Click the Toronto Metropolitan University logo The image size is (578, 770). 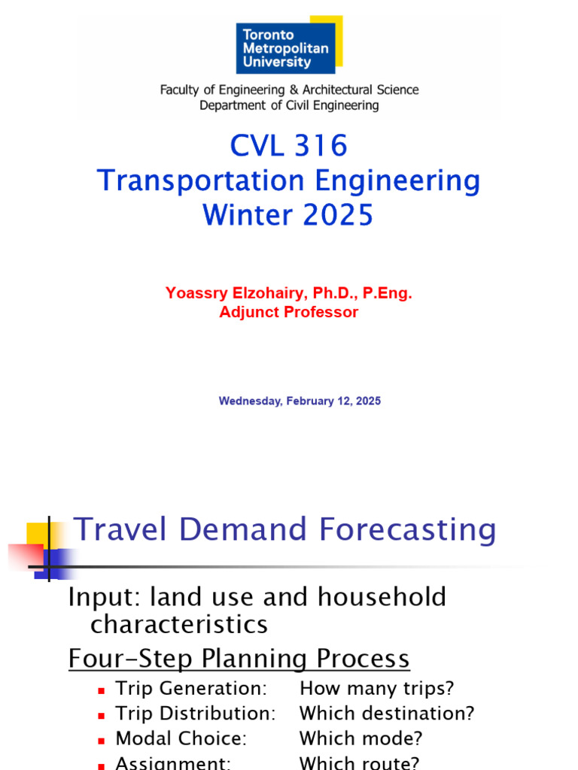[x=289, y=44]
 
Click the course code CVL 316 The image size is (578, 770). [x=289, y=146]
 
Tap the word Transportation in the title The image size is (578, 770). [x=201, y=180]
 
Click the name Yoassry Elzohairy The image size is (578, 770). [x=236, y=293]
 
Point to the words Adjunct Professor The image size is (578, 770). [x=289, y=312]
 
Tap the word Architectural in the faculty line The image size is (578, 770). [x=337, y=90]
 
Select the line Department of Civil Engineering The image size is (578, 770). [x=289, y=105]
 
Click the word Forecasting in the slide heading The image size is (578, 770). [x=407, y=530]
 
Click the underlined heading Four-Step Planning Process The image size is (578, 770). [x=239, y=658]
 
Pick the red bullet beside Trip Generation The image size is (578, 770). [x=102, y=691]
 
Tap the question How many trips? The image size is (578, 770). [x=377, y=689]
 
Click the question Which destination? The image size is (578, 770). [x=387, y=713]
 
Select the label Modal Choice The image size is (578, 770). [x=181, y=738]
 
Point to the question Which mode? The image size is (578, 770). [x=360, y=738]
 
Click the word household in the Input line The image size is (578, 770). [x=382, y=597]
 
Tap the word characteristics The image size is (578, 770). [x=179, y=625]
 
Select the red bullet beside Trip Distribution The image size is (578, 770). [x=102, y=716]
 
